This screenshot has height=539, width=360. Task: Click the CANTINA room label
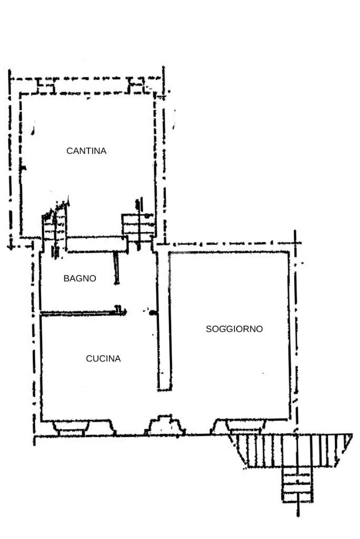tap(86, 151)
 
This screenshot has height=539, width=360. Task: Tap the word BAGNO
tap(80, 279)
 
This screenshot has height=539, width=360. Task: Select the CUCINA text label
tap(103, 359)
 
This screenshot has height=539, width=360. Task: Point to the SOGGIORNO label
tap(234, 329)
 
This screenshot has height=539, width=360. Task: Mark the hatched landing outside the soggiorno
tap(293, 450)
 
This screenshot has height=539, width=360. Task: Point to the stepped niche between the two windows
tap(165, 426)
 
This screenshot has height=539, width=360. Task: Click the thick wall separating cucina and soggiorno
tap(164, 321)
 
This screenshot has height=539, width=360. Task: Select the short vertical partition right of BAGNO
tap(116, 268)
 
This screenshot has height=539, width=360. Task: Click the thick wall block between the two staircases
tap(96, 244)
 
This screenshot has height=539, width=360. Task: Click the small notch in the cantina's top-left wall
tap(46, 85)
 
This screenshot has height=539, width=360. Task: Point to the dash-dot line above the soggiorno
tap(232, 244)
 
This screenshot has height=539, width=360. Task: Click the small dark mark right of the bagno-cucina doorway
tap(152, 313)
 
